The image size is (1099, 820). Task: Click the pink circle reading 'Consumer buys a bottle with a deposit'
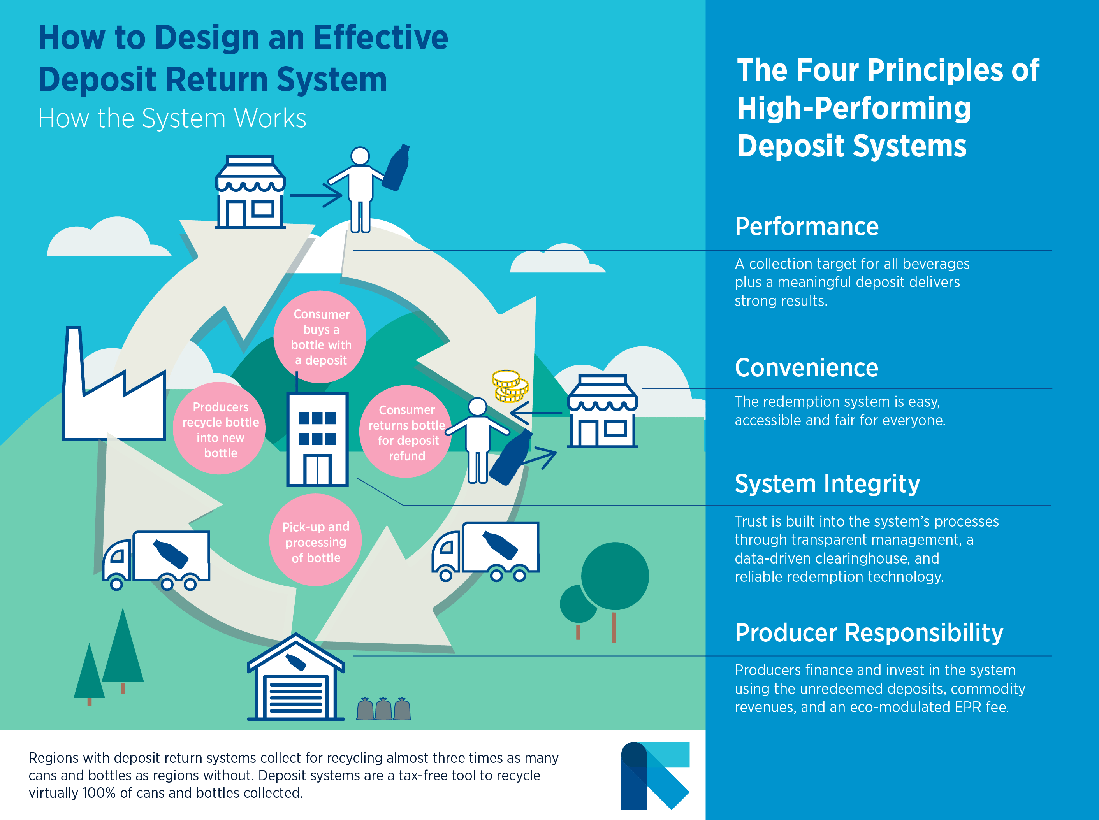point(320,337)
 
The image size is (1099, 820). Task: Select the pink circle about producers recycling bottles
point(220,429)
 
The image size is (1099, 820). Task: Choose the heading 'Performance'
point(806,227)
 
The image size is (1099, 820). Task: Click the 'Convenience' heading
point(806,368)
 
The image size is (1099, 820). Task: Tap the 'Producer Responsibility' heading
point(869,633)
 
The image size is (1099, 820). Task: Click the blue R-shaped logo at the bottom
point(654,775)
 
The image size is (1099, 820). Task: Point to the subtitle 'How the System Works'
point(172,119)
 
